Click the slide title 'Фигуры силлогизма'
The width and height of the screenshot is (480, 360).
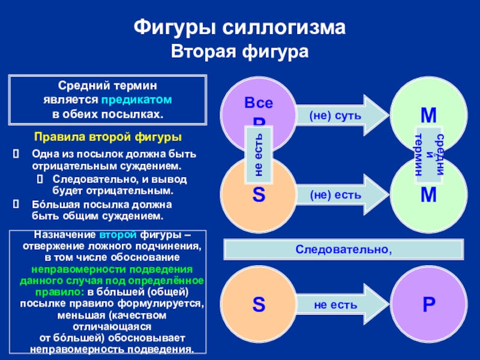pyautogui.click(x=239, y=28)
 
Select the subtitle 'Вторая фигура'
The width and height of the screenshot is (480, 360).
pyautogui.click(x=239, y=53)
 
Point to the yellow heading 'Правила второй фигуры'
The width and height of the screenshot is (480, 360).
pyautogui.click(x=107, y=137)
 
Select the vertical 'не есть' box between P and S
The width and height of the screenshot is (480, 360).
pyautogui.click(x=259, y=154)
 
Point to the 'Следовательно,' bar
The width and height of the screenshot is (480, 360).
pyautogui.click(x=343, y=248)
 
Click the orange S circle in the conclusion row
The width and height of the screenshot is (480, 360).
pyautogui.click(x=258, y=304)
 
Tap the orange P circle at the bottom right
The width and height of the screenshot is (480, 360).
pyautogui.click(x=428, y=304)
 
